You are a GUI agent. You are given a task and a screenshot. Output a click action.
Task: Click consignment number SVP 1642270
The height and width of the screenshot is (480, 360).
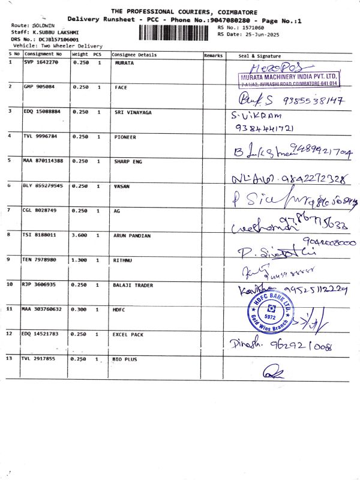(41, 62)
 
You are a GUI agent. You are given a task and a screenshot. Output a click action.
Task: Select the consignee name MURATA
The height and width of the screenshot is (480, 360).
(124, 62)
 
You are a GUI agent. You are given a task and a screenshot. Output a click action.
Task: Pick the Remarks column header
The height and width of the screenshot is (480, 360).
(214, 55)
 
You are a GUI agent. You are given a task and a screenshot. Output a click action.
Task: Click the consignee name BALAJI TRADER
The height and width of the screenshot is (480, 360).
(133, 285)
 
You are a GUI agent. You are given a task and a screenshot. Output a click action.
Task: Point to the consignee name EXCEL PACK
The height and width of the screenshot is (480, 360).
(129, 333)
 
